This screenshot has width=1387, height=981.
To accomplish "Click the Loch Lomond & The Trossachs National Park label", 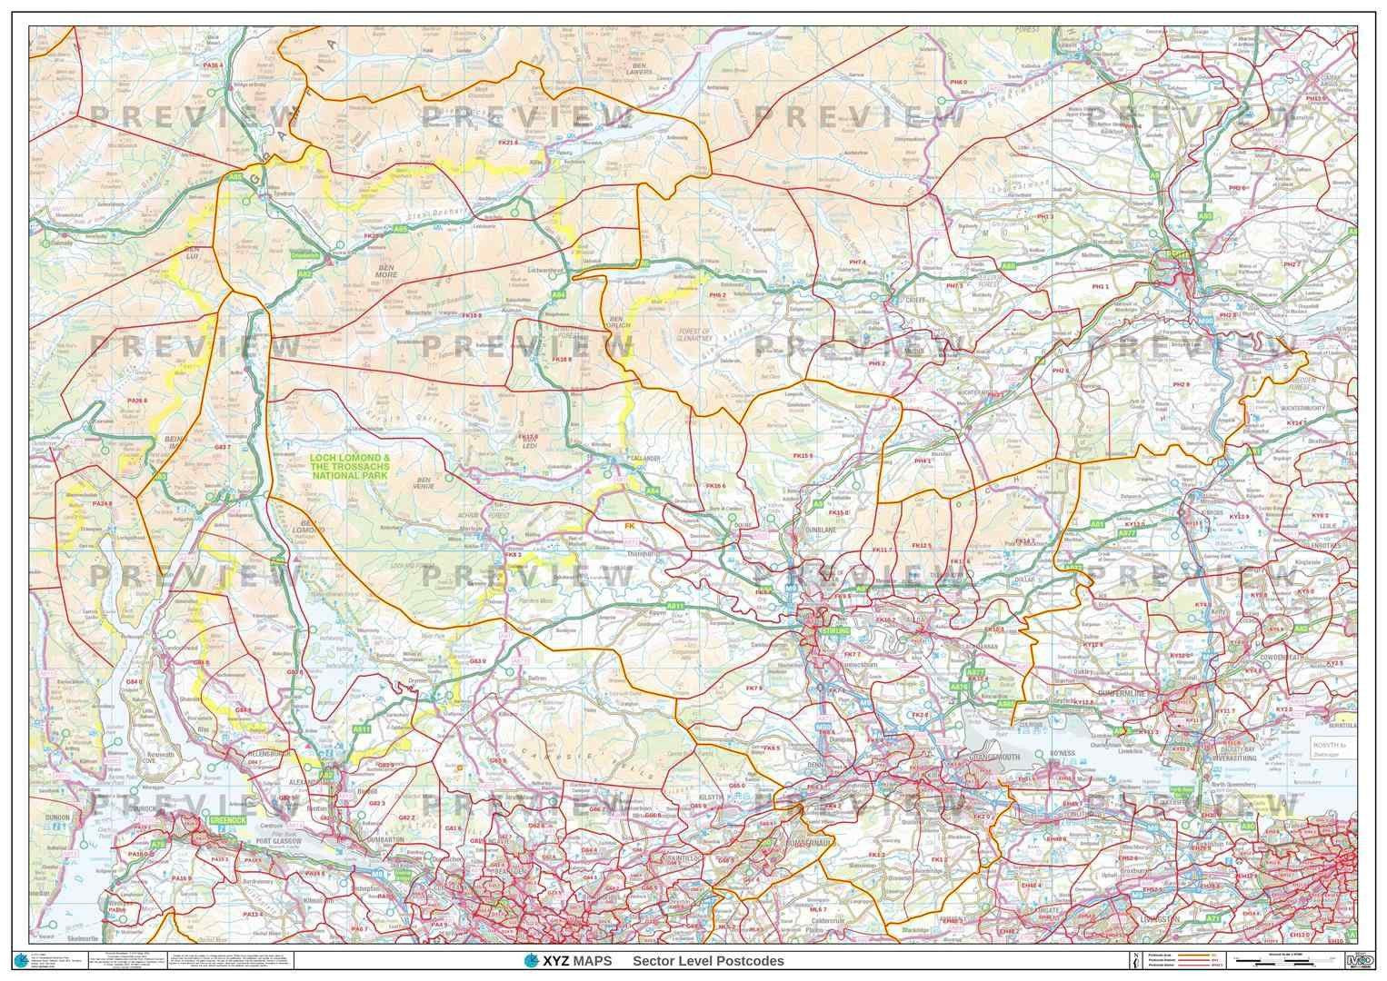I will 350,467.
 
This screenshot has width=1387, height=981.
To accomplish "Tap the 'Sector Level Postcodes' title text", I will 708,961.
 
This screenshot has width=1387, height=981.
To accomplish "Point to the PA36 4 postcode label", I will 214,65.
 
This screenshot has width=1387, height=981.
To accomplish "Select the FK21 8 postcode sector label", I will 507,143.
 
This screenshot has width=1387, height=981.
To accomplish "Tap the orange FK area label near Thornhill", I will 629,525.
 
